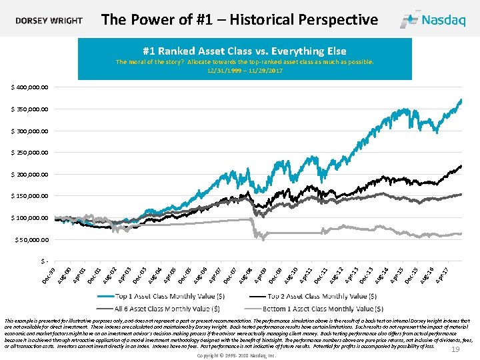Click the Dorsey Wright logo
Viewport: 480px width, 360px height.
pos(49,20)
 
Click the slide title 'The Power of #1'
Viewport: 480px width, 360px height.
pos(239,19)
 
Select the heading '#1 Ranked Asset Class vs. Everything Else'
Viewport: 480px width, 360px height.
pos(245,51)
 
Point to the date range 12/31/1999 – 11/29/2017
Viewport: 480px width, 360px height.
pos(245,70)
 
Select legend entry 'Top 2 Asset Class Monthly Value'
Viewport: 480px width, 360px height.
pos(325,296)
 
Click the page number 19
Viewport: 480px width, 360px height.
pos(456,350)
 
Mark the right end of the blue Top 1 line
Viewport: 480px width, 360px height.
pos(461,100)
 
